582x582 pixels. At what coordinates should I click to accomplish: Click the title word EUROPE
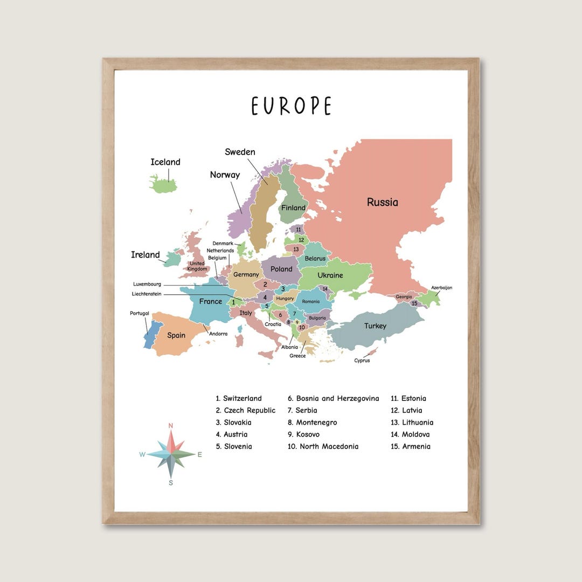pyautogui.click(x=291, y=106)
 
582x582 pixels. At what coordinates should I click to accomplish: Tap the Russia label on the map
pyautogui.click(x=383, y=202)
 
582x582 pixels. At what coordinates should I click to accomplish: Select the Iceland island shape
pyautogui.click(x=163, y=185)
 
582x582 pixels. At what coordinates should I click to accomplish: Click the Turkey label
pyautogui.click(x=375, y=326)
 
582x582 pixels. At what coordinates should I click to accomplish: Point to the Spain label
pyautogui.click(x=176, y=335)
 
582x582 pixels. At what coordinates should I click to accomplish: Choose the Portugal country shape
pyautogui.click(x=149, y=334)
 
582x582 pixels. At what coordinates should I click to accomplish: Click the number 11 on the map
pyautogui.click(x=298, y=229)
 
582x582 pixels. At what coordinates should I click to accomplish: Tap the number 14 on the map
pyautogui.click(x=325, y=288)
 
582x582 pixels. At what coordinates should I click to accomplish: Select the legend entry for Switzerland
pyautogui.click(x=239, y=399)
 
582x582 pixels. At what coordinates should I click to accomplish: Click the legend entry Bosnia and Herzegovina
pyautogui.click(x=333, y=399)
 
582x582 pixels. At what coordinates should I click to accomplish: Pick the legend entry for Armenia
pyautogui.click(x=411, y=446)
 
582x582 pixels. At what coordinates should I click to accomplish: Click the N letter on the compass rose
pyautogui.click(x=171, y=426)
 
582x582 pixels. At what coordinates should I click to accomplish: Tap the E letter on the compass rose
pyautogui.click(x=199, y=454)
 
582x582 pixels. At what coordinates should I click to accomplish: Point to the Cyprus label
pyautogui.click(x=362, y=361)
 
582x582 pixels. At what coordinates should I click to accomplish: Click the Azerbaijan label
pyautogui.click(x=441, y=288)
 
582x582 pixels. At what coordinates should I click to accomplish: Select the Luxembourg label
pyautogui.click(x=147, y=284)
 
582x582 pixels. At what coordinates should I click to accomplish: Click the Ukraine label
pyautogui.click(x=330, y=275)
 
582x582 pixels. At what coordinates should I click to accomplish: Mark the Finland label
pyautogui.click(x=293, y=207)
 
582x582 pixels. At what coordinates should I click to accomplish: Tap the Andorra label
pyautogui.click(x=218, y=334)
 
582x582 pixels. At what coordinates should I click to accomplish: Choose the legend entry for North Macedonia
pyautogui.click(x=323, y=446)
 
